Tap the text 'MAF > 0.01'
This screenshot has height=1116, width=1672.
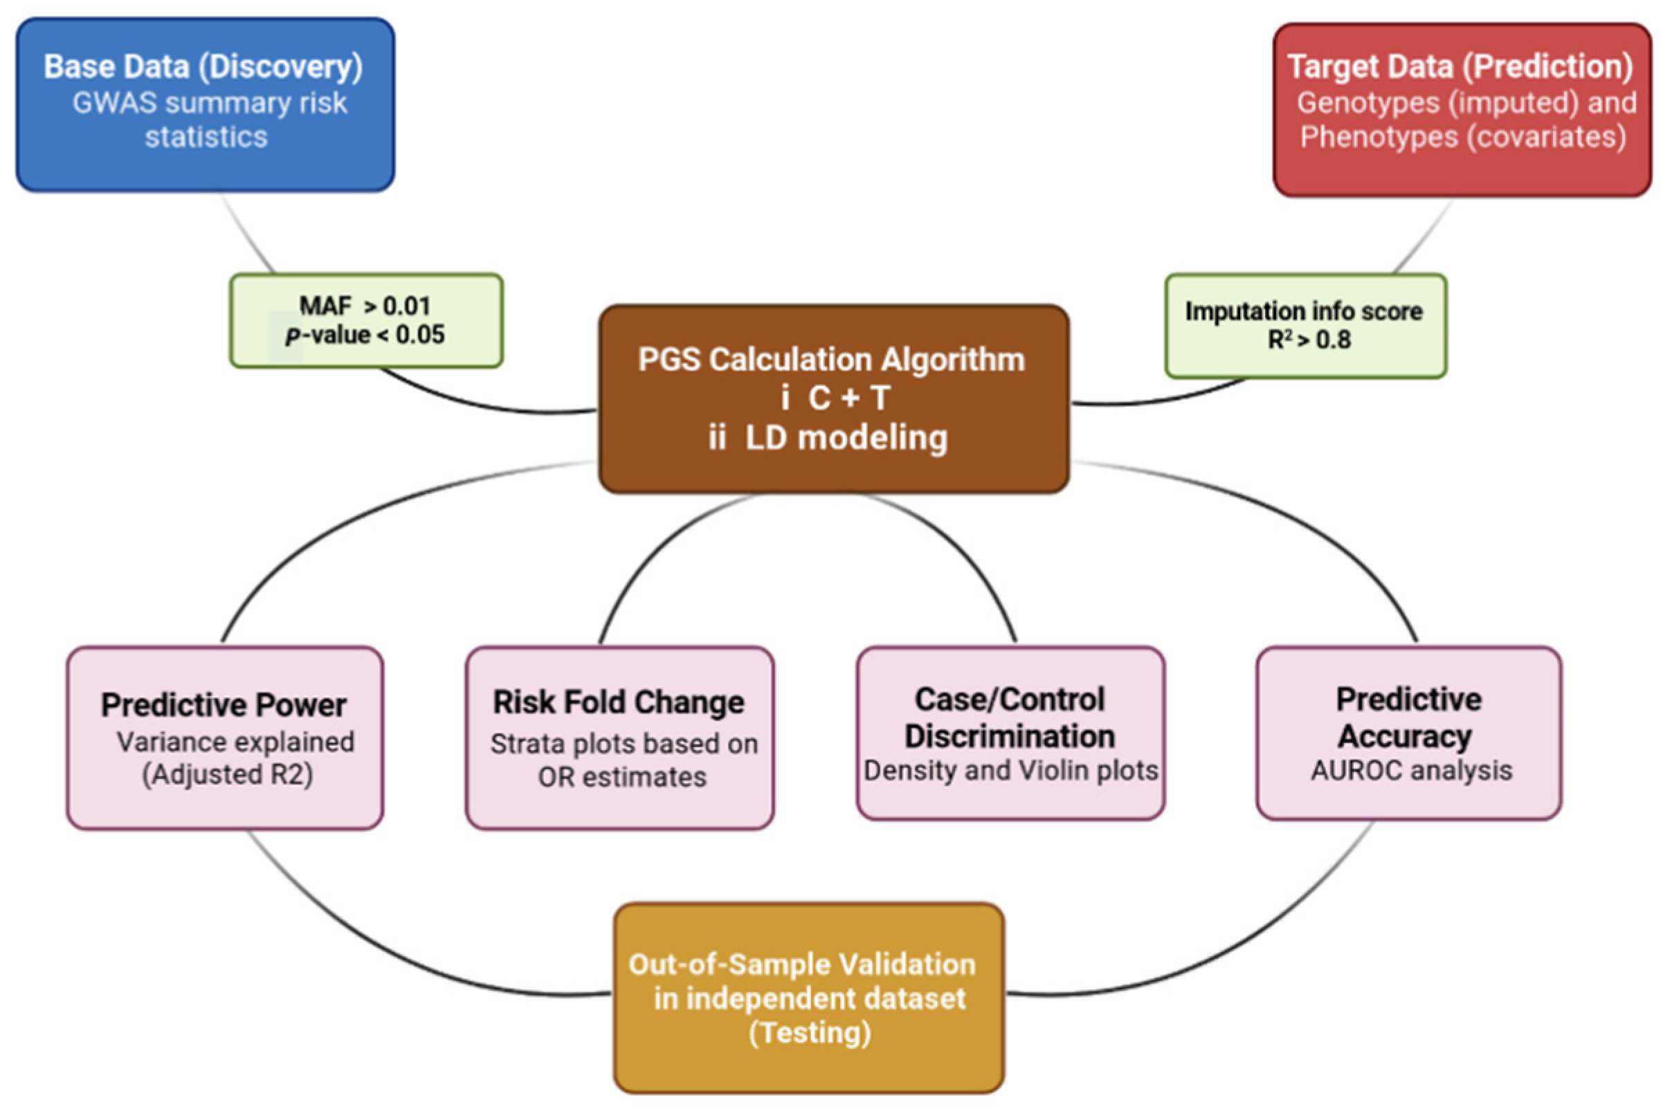(x=365, y=306)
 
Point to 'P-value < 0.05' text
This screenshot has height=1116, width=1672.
(x=365, y=334)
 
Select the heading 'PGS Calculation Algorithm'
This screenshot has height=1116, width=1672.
(x=831, y=359)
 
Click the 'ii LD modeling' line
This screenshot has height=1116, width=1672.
(x=828, y=438)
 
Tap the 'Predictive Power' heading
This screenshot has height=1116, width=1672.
(x=224, y=705)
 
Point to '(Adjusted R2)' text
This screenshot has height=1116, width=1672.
(x=228, y=774)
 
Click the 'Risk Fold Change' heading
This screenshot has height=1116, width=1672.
(x=619, y=702)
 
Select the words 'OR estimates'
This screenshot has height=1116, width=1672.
(x=622, y=777)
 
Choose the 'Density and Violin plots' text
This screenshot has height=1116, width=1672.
(x=1011, y=771)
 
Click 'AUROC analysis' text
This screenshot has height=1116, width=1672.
(x=1412, y=771)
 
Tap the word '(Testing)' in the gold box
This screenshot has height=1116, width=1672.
(x=810, y=1032)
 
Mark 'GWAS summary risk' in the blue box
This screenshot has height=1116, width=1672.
(x=209, y=103)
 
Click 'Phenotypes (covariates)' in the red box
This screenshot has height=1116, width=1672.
(x=1464, y=137)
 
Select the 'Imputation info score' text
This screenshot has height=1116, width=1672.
(x=1304, y=312)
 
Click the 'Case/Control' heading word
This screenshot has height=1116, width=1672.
(x=1009, y=699)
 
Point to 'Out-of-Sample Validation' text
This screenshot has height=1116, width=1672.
(x=802, y=964)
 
